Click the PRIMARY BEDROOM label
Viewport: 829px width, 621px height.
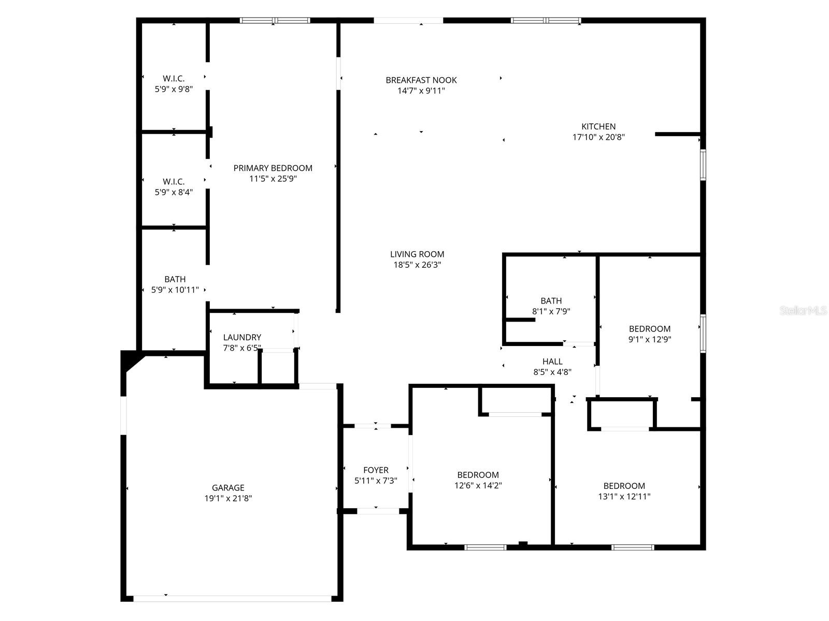tap(273, 168)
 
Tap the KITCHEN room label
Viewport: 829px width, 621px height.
tap(598, 126)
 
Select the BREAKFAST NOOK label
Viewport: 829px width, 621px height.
tap(421, 80)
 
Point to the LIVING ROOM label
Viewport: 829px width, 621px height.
tap(417, 254)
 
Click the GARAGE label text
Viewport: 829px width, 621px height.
tap(228, 487)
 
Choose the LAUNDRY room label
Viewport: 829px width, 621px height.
tap(242, 337)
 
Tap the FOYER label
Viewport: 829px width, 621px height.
tap(376, 470)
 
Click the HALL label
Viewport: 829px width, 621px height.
tap(552, 361)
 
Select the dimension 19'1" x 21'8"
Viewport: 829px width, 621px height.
tap(228, 498)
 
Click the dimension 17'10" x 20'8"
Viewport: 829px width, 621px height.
tap(598, 137)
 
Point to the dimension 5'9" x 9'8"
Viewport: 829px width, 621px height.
tap(174, 89)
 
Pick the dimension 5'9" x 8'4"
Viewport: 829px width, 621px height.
tap(174, 192)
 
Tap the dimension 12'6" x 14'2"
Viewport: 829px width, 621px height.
tap(478, 485)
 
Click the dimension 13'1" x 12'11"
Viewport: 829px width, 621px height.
tap(624, 496)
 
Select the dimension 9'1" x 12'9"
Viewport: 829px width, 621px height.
tap(649, 339)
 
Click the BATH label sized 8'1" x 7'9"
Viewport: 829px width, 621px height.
tap(551, 300)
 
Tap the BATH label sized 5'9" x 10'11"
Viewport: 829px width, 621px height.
tap(175, 279)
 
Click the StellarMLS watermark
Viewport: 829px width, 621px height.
tap(804, 310)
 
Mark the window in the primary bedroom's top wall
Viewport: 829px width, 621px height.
tap(275, 21)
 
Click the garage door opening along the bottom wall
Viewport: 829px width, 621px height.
tap(232, 598)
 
